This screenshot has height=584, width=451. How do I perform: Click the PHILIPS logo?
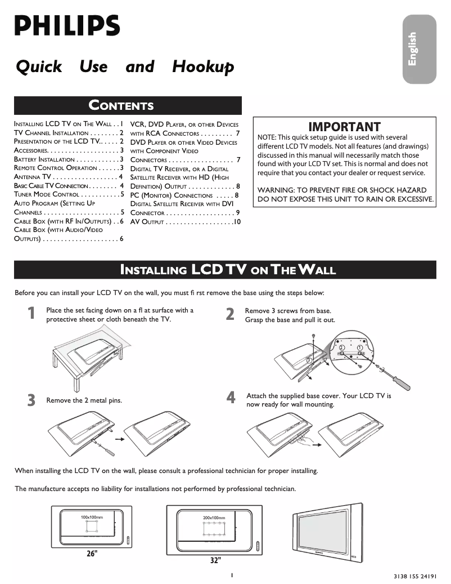(67, 26)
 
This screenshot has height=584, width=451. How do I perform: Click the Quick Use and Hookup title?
(124, 67)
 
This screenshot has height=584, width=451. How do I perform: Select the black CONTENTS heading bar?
(128, 105)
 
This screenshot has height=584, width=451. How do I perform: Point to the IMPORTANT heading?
(344, 127)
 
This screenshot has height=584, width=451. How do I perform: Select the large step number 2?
(230, 314)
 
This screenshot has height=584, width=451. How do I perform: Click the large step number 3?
(31, 400)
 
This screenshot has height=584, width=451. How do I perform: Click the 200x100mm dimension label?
(214, 517)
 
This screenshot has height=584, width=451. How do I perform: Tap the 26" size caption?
(92, 553)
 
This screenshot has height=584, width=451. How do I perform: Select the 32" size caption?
(215, 560)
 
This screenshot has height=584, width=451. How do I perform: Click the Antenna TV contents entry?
(68, 177)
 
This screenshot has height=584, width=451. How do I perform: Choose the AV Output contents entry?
(185, 222)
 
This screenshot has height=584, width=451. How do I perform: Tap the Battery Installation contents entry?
(68, 159)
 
